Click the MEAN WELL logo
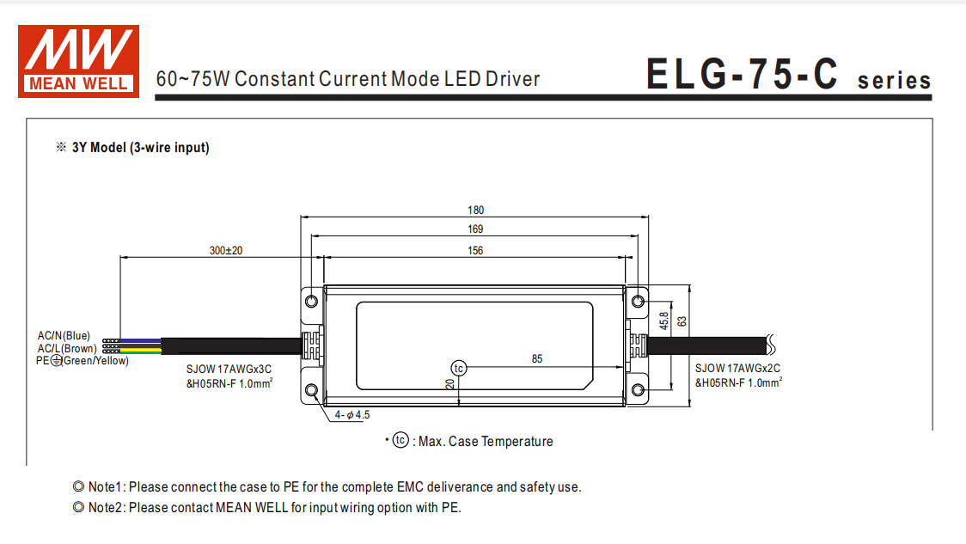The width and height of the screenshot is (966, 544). click(x=78, y=59)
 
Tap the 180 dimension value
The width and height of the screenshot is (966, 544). click(x=476, y=210)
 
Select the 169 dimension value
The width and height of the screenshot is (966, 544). click(x=476, y=229)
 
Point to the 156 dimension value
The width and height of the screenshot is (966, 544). click(x=476, y=250)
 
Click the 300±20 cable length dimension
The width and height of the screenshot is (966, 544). click(x=226, y=251)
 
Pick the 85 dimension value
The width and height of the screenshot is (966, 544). click(x=537, y=359)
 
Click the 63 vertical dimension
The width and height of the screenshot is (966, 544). click(x=682, y=321)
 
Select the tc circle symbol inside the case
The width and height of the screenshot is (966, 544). click(x=459, y=368)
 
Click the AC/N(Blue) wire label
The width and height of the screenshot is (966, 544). click(x=64, y=335)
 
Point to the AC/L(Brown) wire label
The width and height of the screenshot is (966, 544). click(x=67, y=348)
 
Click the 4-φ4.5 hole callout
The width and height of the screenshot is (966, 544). click(x=352, y=415)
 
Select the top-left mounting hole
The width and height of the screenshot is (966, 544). click(x=312, y=300)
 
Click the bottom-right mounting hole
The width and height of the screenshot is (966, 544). click(x=638, y=391)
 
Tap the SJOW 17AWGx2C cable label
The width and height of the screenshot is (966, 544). click(x=738, y=368)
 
